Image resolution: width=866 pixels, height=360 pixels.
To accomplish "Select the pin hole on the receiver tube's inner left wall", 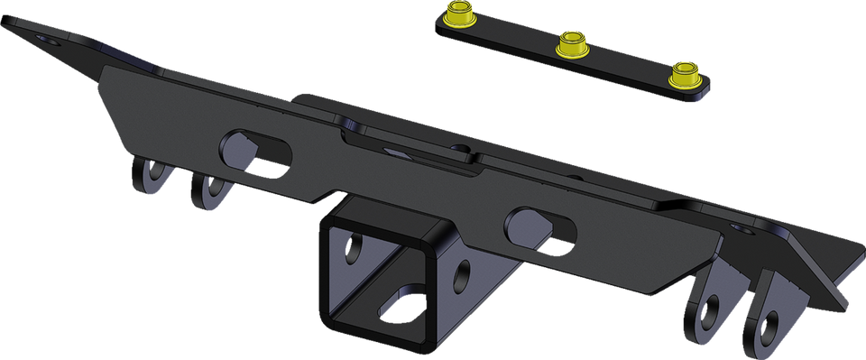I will [x=354, y=247].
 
